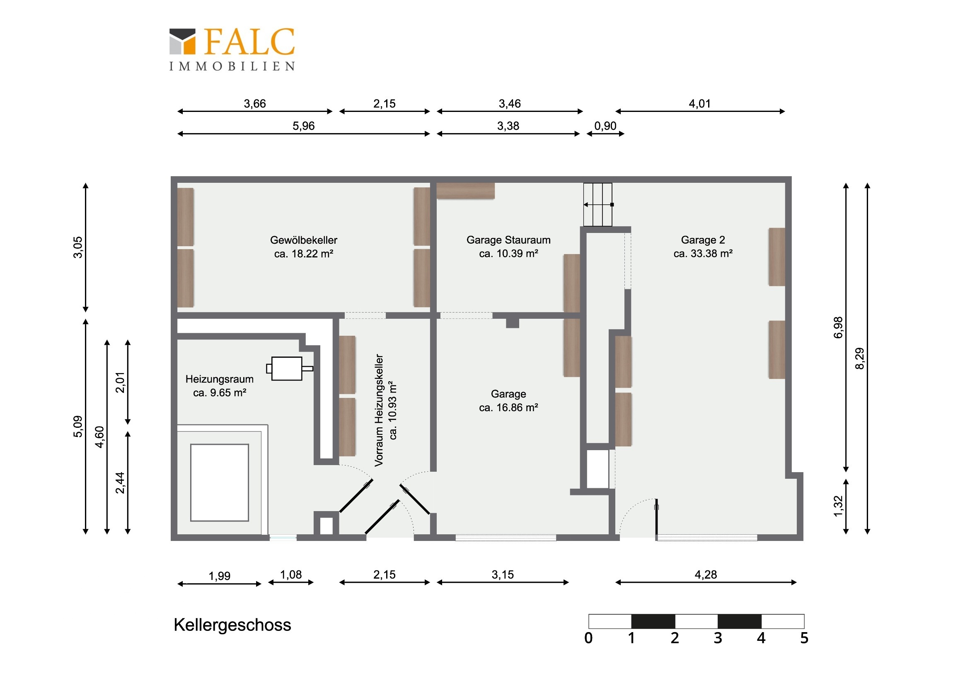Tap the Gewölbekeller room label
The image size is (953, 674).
pos(304,240)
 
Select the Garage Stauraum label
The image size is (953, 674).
pos(508,240)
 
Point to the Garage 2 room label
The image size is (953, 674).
pos(703,240)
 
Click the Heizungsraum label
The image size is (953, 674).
pos(220,379)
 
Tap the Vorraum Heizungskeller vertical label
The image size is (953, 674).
pos(379,410)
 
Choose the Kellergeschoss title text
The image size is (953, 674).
pos(232,625)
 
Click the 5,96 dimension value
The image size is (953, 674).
pos(303,126)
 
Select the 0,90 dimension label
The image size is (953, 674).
pos(605,126)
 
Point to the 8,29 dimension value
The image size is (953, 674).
pos(860,359)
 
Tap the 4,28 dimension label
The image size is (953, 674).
pos(706,575)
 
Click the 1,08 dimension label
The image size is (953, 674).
pos(291,575)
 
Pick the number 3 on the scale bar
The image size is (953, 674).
pos(718,638)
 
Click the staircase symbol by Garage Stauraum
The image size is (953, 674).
pos(598,205)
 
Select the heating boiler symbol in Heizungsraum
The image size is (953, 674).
pos(289,369)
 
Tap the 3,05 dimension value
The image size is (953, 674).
pos(78,247)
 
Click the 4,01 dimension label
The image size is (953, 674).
pos(700,104)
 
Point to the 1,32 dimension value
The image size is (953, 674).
pos(839,506)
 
